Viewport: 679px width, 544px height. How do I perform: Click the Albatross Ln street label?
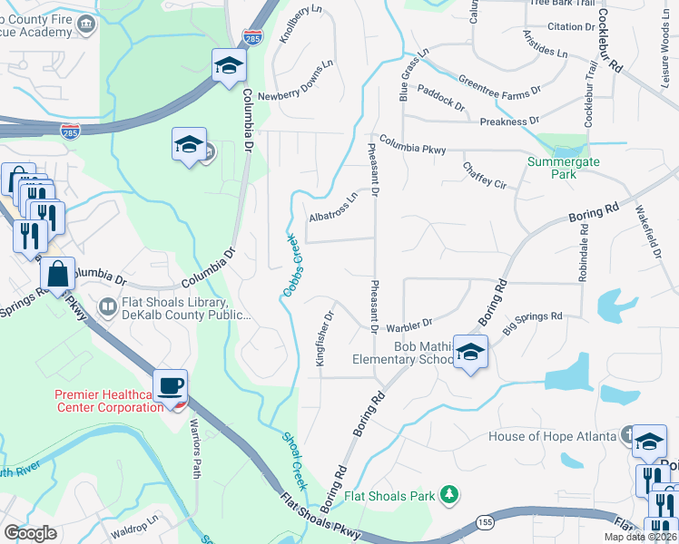[333, 208]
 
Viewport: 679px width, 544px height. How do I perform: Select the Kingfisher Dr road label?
[325, 338]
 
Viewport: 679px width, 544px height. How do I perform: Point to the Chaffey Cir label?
[484, 175]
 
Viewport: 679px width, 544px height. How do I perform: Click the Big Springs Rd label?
[532, 318]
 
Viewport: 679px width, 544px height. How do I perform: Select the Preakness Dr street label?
[509, 121]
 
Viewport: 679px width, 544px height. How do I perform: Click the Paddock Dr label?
[441, 97]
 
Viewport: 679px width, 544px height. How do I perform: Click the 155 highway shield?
[483, 523]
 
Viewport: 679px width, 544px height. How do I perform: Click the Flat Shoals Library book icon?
[108, 307]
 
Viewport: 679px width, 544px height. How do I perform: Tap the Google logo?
[31, 532]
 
